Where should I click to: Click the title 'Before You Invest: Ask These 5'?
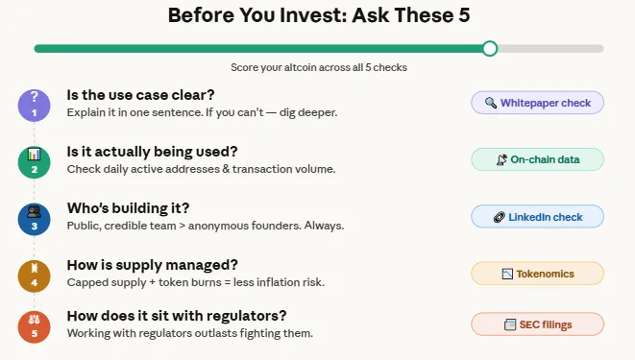(317, 15)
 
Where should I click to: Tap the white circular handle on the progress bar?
(490, 48)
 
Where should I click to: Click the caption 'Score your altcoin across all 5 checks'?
(317, 68)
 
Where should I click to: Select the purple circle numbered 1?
(34, 105)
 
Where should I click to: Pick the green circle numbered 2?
(34, 161)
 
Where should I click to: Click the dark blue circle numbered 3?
(34, 218)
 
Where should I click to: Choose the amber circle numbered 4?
(34, 275)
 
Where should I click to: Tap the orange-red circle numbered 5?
(34, 326)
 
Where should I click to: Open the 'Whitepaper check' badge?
(537, 103)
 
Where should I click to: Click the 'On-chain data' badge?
(537, 159)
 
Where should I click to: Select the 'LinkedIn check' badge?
(537, 217)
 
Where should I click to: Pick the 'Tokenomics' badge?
(537, 274)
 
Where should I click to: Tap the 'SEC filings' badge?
(537, 324)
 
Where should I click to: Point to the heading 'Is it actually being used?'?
(152, 152)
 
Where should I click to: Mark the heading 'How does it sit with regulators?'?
(177, 316)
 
